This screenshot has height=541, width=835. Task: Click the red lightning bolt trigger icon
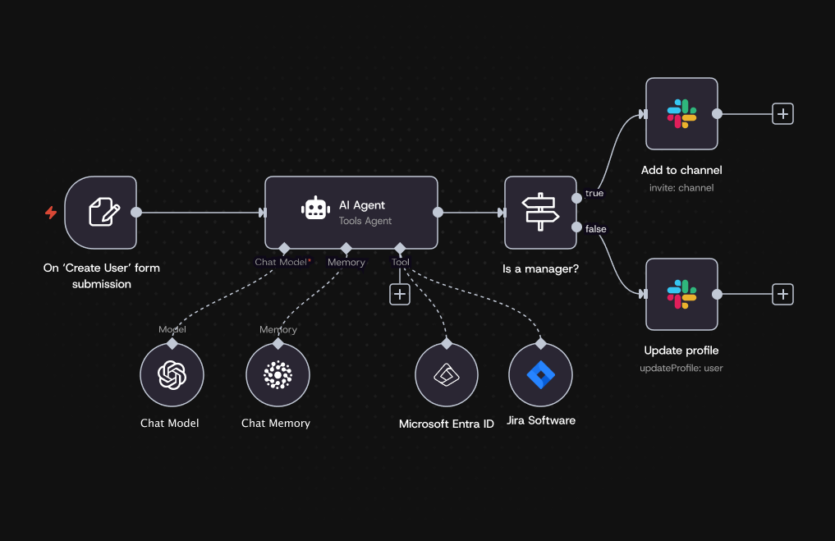pyautogui.click(x=51, y=213)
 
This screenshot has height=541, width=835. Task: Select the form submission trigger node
pyautogui.click(x=101, y=213)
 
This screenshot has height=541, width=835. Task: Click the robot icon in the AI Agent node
pyautogui.click(x=316, y=209)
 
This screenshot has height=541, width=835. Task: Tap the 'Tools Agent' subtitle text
pyautogui.click(x=365, y=221)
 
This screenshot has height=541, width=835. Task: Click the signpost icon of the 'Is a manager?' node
pyautogui.click(x=540, y=213)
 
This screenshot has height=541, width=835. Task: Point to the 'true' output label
pyautogui.click(x=594, y=194)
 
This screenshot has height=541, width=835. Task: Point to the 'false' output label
pyautogui.click(x=596, y=229)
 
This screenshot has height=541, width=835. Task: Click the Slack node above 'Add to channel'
pyautogui.click(x=681, y=114)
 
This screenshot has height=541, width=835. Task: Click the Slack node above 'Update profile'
pyautogui.click(x=681, y=294)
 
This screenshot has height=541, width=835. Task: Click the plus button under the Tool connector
pyautogui.click(x=400, y=294)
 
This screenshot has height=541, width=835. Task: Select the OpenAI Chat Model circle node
pyautogui.click(x=172, y=375)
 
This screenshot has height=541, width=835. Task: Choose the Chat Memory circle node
pyautogui.click(x=278, y=375)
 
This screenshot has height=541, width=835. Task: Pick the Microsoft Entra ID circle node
pyautogui.click(x=447, y=375)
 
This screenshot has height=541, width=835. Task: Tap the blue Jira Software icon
pyautogui.click(x=540, y=374)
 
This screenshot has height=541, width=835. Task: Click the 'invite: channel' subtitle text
pyautogui.click(x=681, y=188)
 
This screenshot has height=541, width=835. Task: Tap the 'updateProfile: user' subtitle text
pyautogui.click(x=681, y=368)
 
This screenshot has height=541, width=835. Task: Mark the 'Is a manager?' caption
pyautogui.click(x=540, y=268)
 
